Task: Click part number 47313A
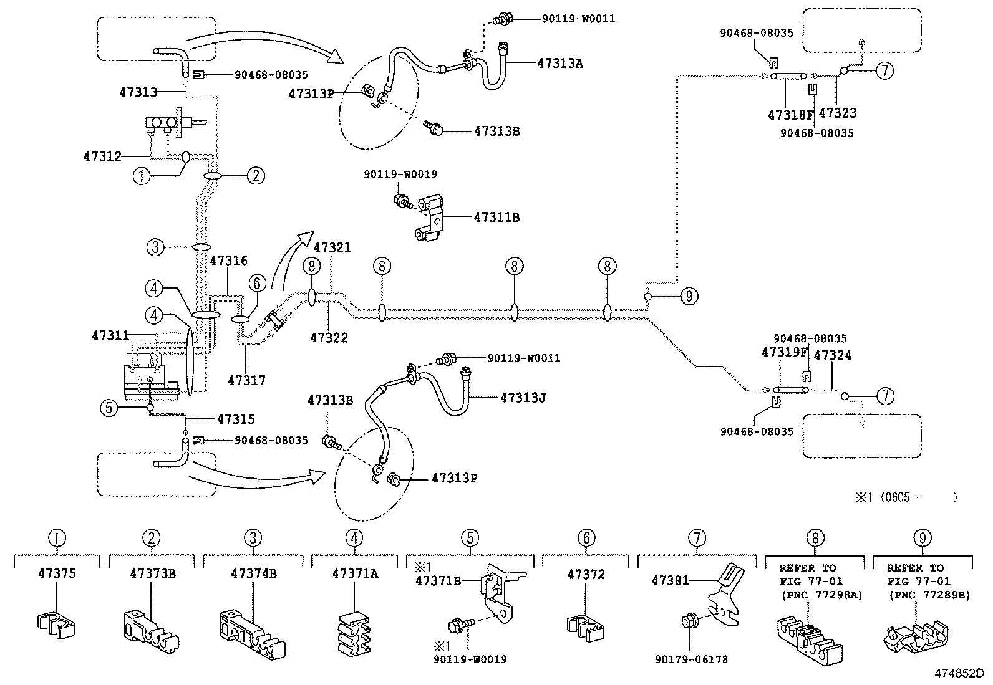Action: (x=559, y=63)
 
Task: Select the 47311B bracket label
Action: (x=496, y=218)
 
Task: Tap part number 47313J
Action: (x=523, y=397)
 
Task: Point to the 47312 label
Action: (x=102, y=156)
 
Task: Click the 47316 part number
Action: (x=229, y=261)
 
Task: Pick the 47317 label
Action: (x=246, y=380)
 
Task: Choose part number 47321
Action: (x=332, y=247)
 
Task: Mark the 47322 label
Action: (x=329, y=338)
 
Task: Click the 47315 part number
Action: (x=236, y=419)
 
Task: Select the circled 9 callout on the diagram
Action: (x=689, y=296)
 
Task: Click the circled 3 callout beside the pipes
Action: (x=156, y=247)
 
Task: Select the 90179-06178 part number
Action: (x=691, y=659)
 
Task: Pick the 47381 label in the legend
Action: (x=670, y=581)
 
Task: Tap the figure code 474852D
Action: (x=958, y=673)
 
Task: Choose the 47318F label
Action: (x=791, y=115)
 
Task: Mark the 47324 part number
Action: (x=833, y=355)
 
